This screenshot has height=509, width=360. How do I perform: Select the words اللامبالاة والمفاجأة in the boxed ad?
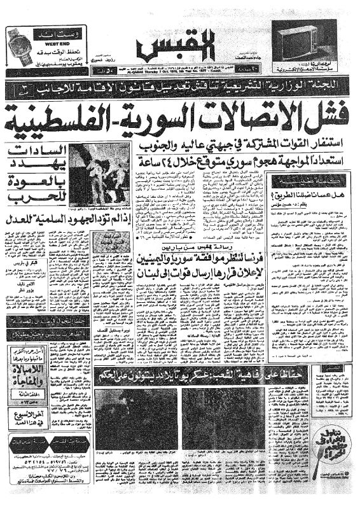click(32, 373)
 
